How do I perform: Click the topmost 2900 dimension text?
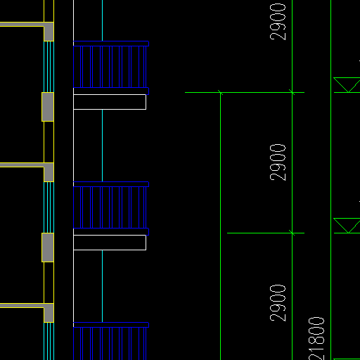point(278,22)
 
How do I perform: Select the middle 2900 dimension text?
point(278,162)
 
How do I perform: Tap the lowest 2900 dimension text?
point(278,303)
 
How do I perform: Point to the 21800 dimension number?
point(316,339)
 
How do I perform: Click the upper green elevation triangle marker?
point(347,85)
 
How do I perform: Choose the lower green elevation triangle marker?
point(347,226)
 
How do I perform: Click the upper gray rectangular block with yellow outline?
point(48,107)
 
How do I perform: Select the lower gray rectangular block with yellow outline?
point(48,247)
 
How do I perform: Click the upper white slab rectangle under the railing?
point(110,102)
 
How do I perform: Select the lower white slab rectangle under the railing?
point(110,243)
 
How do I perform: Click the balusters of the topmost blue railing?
point(110,67)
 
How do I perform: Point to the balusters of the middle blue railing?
point(110,207)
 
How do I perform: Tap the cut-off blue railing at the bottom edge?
point(111,341)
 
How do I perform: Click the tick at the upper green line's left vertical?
point(220,93)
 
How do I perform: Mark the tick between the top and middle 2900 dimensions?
point(292,92)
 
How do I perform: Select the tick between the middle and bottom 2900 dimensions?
point(292,233)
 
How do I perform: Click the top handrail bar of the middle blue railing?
point(111,184)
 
